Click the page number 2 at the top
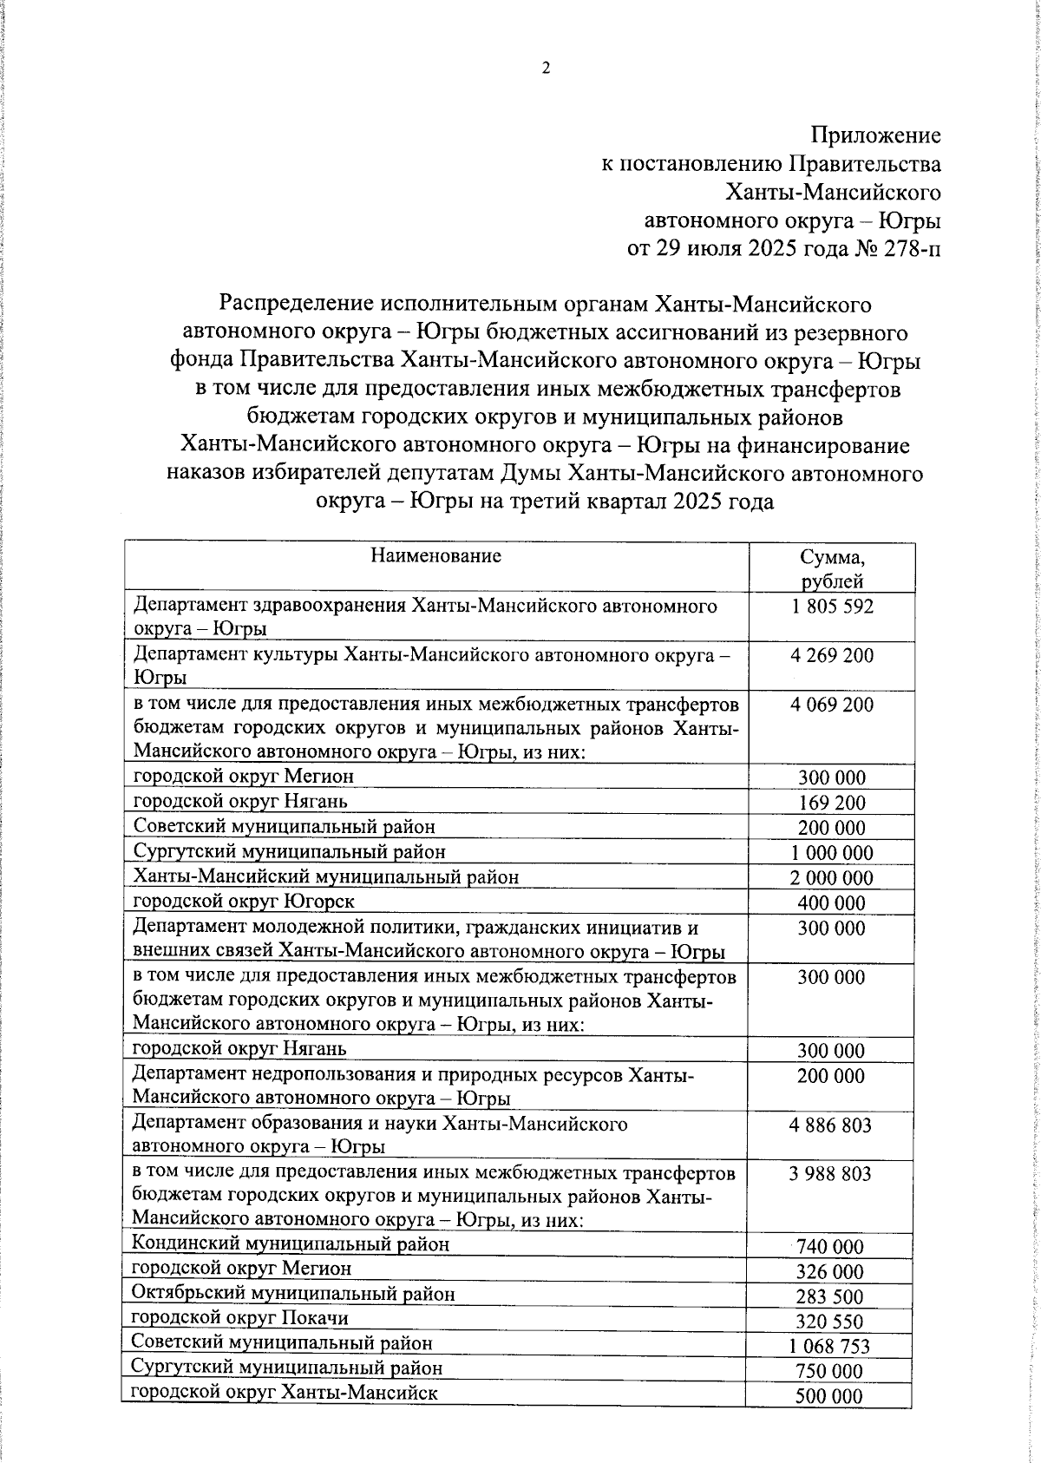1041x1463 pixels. point(546,69)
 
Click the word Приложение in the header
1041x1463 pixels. point(874,135)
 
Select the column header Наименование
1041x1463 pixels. point(435,556)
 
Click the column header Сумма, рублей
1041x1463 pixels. point(831,569)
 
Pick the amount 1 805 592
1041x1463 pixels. point(831,607)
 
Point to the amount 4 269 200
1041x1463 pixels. point(831,656)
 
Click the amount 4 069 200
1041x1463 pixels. point(831,705)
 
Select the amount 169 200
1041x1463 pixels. point(831,804)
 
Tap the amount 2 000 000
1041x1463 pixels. point(831,878)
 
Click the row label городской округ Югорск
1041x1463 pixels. point(244,902)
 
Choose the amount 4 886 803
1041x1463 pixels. point(830,1125)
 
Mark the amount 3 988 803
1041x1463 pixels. point(830,1174)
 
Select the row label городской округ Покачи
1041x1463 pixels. point(240,1318)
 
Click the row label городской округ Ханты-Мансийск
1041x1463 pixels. point(285,1393)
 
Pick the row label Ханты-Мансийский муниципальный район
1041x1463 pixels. point(326,877)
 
